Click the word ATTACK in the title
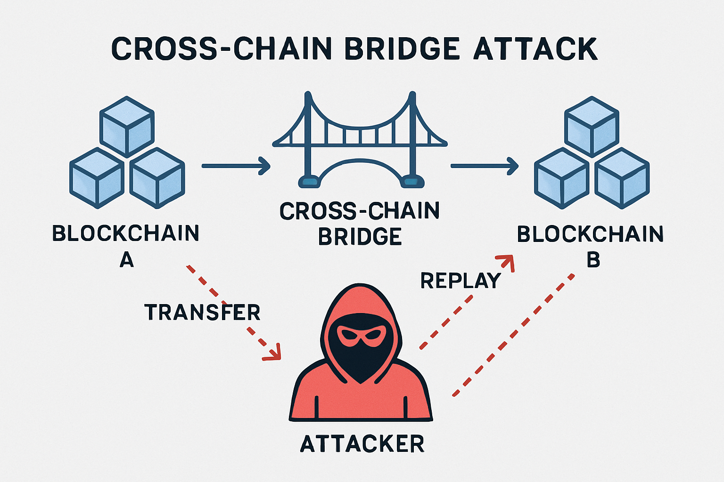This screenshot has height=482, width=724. [535, 48]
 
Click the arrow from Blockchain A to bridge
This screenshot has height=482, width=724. [236, 166]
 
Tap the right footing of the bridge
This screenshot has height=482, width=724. [411, 181]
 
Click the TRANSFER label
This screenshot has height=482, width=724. [202, 313]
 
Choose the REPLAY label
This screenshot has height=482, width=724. [461, 281]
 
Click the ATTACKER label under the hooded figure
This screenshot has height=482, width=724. [362, 444]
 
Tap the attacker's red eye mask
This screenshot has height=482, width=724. [361, 336]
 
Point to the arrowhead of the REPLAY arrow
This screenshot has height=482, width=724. [508, 262]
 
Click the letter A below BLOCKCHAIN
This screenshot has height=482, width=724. [126, 259]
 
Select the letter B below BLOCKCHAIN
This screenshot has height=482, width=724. [593, 260]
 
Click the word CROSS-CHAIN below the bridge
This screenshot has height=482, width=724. [360, 211]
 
